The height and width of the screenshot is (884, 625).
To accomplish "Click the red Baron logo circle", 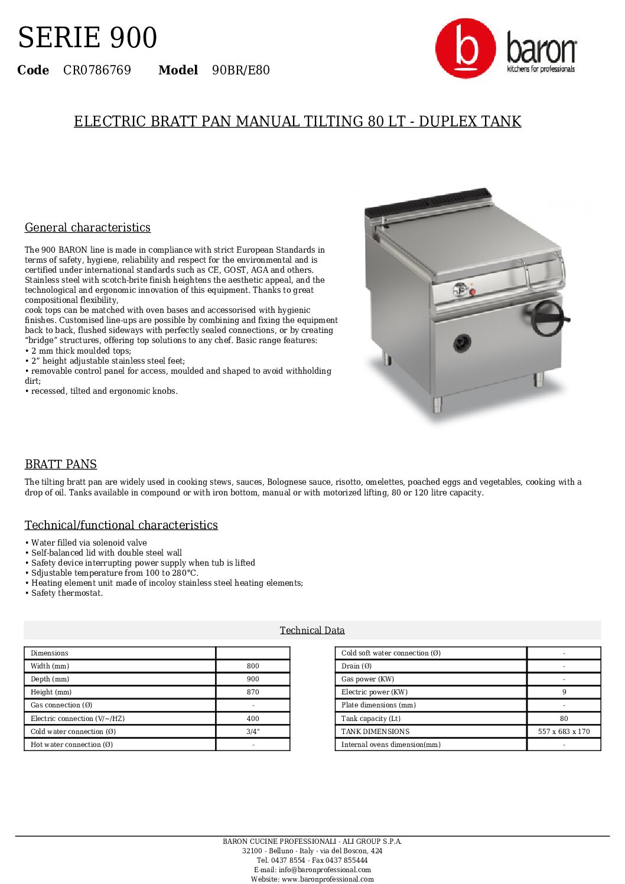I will click(466, 48).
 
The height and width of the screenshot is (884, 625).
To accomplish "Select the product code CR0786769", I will click(97, 70).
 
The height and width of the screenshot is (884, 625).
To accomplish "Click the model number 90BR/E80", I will click(240, 70).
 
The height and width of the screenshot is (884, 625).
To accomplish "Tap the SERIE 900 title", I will click(87, 38).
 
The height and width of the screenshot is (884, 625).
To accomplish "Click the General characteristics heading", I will click(87, 227).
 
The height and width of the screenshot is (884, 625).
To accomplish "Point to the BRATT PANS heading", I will click(61, 464).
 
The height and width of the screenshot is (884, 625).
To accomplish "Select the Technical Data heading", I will click(312, 630).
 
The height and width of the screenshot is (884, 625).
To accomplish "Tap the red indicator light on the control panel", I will click(473, 292).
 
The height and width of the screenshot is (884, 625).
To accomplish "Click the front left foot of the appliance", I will click(437, 404).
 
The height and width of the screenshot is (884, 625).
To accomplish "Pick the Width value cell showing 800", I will click(253, 666).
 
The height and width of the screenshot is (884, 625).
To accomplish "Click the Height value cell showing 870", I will click(253, 692).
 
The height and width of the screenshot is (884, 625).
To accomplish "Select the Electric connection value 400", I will click(253, 719).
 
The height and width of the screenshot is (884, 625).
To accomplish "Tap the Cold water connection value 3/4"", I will click(253, 732).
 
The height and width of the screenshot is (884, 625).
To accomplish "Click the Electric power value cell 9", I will click(564, 692).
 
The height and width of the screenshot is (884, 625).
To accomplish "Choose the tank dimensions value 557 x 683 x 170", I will click(564, 732).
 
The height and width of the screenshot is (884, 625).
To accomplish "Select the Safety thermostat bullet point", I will click(67, 593).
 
